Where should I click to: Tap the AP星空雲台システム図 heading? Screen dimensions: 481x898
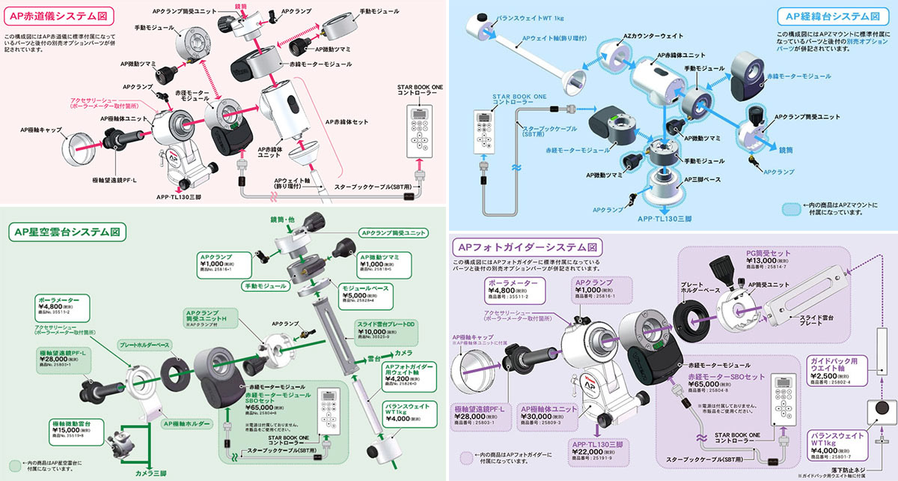(x=66, y=232)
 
